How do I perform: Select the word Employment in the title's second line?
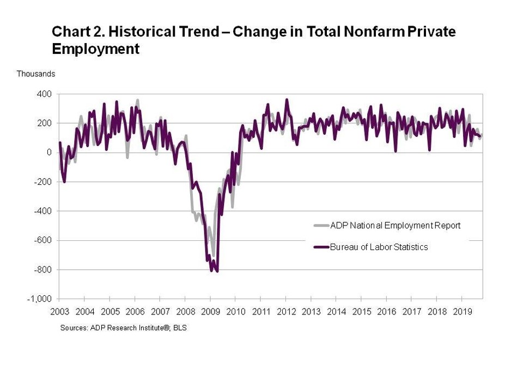tap(95, 49)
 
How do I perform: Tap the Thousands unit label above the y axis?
tap(35, 74)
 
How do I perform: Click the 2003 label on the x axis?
tap(59, 312)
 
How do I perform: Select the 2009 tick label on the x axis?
tap(210, 312)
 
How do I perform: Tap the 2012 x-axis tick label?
tap(286, 312)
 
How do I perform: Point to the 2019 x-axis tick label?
tap(462, 312)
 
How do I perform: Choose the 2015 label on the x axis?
tap(361, 312)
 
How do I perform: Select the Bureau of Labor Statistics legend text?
tap(379, 247)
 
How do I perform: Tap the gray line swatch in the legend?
tap(321, 226)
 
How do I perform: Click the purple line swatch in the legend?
tap(321, 247)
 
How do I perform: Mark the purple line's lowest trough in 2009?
tap(217, 271)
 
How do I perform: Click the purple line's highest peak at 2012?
tap(287, 100)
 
